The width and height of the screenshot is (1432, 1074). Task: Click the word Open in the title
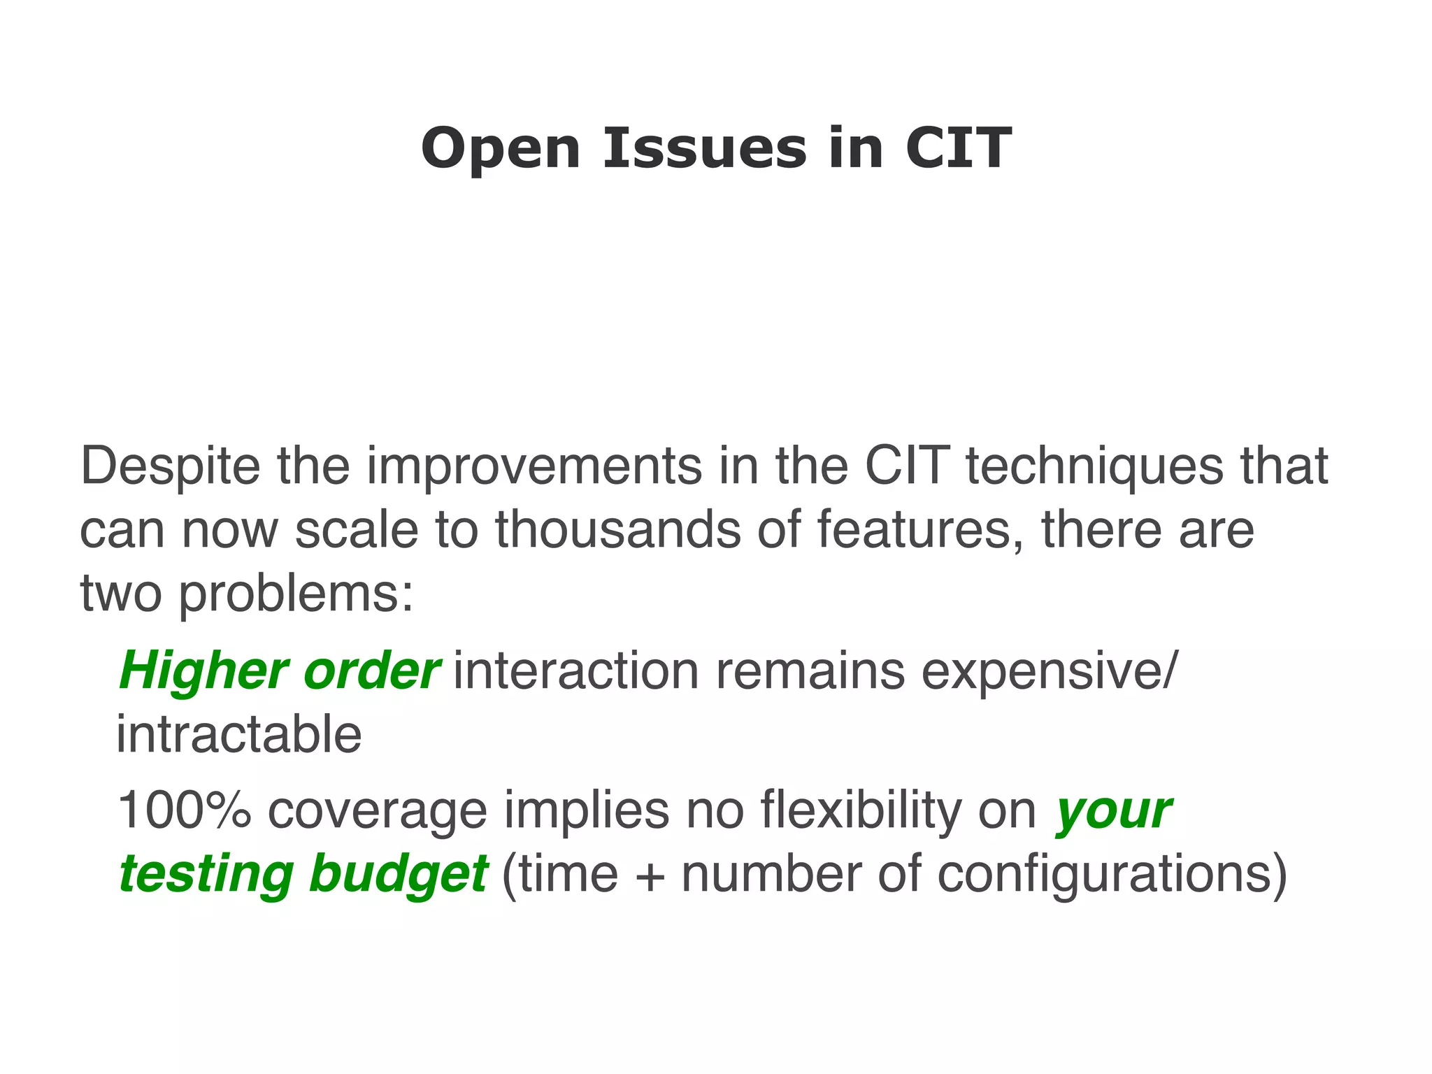(501, 149)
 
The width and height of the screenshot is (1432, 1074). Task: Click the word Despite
(170, 466)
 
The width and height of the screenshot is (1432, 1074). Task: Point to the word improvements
(534, 466)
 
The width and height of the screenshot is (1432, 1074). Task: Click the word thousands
(618, 529)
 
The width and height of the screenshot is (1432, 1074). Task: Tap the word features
(913, 529)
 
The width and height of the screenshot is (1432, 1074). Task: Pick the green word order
(371, 671)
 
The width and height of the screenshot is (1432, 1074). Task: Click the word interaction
(576, 671)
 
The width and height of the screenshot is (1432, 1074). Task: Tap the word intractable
(238, 735)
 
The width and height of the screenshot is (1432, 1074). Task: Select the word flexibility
(860, 810)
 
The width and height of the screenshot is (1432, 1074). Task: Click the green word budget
(397, 874)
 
